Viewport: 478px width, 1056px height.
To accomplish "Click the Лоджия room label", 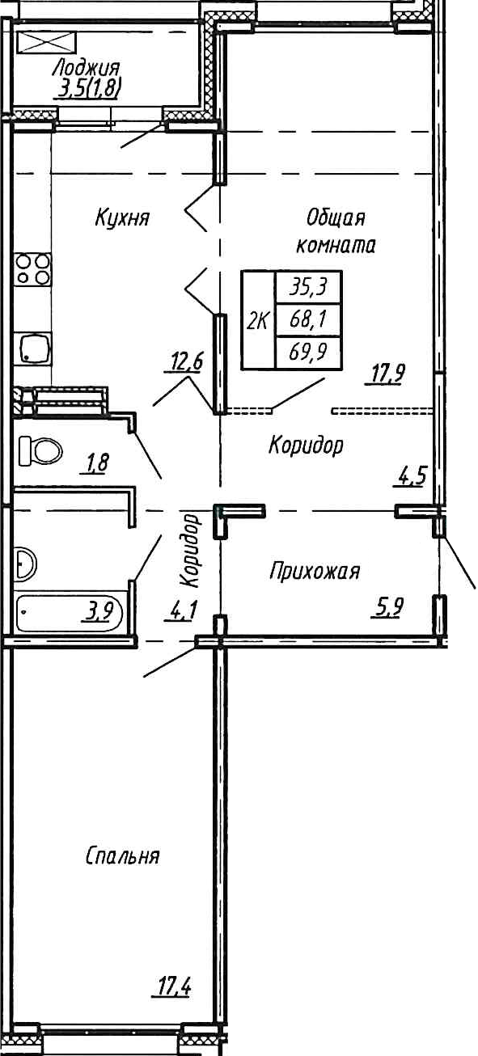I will [x=84, y=68].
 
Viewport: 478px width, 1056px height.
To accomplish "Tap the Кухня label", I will [x=122, y=218].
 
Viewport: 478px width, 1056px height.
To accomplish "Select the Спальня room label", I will [x=122, y=856].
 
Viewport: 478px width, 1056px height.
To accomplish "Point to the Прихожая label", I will [x=314, y=572].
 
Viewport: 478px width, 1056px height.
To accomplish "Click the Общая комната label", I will [x=336, y=231].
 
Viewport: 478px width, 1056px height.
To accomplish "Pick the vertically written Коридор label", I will [x=190, y=550].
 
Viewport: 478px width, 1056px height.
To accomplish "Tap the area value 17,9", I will [x=387, y=374].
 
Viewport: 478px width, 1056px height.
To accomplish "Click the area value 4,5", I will [x=410, y=475].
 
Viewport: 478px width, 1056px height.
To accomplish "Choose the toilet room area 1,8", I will [x=97, y=463].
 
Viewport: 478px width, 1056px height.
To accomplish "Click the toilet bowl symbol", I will [x=40, y=450].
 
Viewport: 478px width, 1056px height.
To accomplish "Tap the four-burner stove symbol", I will [x=33, y=269].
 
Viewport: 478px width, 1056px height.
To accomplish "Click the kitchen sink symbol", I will [x=33, y=348].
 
